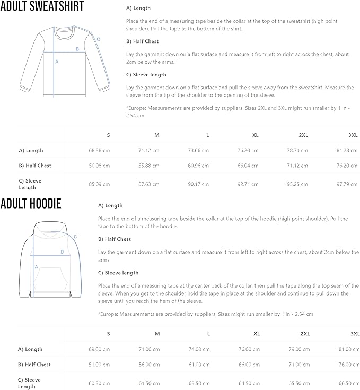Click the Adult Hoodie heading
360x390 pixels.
31,204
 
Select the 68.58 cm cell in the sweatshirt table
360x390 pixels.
99,150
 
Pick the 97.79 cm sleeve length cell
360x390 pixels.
346,184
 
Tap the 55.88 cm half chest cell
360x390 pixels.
148,166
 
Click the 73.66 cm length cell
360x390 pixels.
198,150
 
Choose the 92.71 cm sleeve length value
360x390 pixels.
248,184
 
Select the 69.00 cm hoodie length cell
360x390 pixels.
99,349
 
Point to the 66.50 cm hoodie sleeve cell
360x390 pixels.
348,383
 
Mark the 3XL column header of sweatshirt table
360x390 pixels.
353,135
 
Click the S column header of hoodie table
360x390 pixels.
108,334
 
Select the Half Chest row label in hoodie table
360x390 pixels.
34,365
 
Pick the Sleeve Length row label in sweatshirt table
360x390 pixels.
30,184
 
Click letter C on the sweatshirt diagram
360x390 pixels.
98,39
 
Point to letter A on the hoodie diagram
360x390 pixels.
36,267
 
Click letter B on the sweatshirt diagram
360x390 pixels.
77,49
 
